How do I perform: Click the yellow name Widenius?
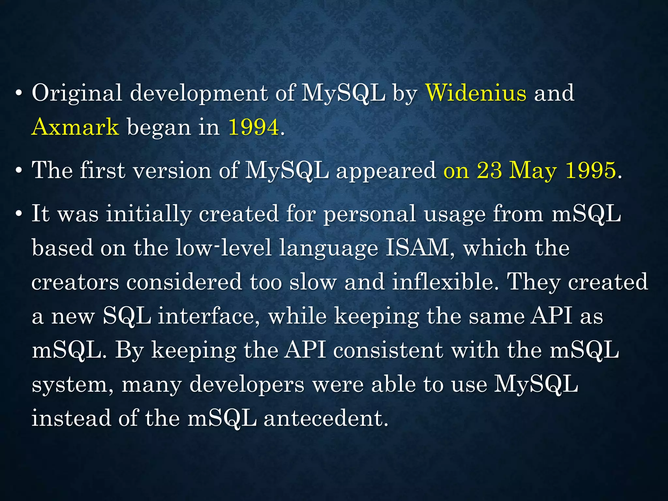[x=476, y=93]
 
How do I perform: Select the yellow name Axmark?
[x=75, y=127]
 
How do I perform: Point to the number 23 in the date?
[x=489, y=170]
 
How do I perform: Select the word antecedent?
[x=326, y=418]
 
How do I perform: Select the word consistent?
[x=388, y=351]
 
